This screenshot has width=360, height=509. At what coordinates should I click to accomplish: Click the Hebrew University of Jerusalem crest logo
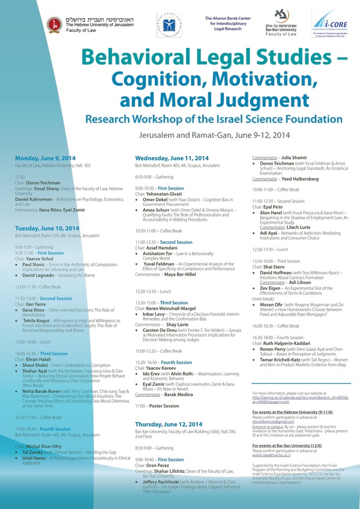point(54,25)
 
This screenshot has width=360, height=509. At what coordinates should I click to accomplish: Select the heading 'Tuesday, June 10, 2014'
point(47,229)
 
